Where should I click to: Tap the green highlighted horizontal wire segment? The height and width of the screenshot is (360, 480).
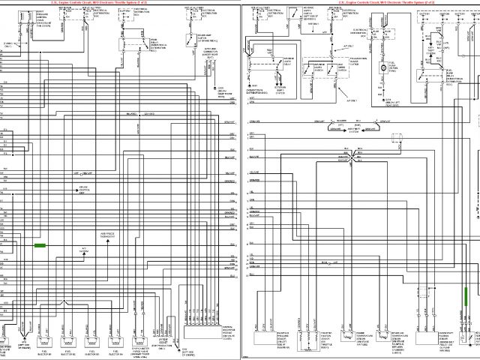pyautogui.click(x=40, y=245)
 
